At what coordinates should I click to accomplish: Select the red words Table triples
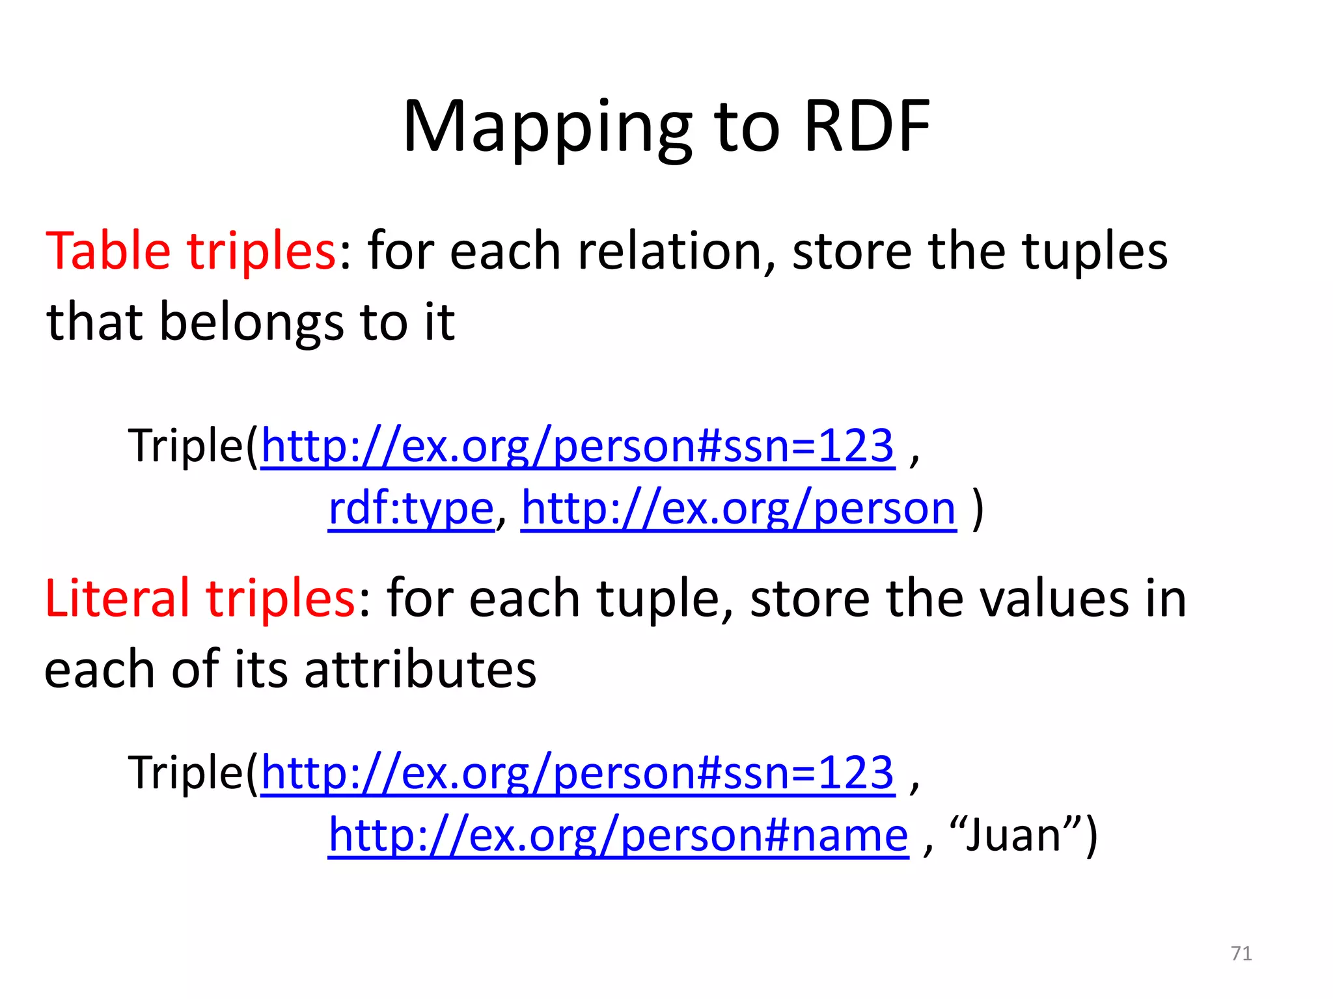tap(190, 251)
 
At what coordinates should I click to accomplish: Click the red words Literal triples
tap(200, 598)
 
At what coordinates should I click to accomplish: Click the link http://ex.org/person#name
tap(618, 835)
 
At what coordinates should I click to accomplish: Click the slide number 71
tap(1241, 953)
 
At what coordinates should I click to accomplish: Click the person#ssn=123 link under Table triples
tap(577, 446)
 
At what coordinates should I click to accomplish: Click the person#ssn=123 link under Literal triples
tap(577, 773)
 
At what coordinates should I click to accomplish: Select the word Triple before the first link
tap(186, 446)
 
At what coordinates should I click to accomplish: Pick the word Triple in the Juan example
tap(186, 773)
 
